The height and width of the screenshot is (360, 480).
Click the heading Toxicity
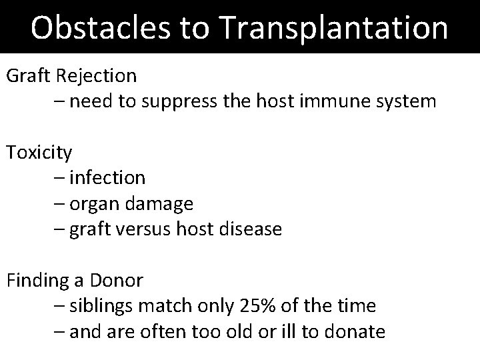point(39,153)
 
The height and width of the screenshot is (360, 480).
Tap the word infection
point(107,178)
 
